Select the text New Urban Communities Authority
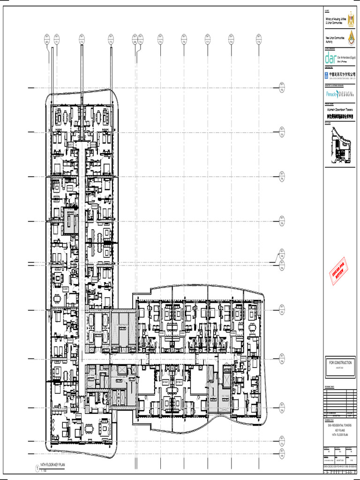point(335,39)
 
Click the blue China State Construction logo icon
point(326,75)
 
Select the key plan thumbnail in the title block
point(340,145)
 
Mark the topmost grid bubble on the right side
point(282,87)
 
